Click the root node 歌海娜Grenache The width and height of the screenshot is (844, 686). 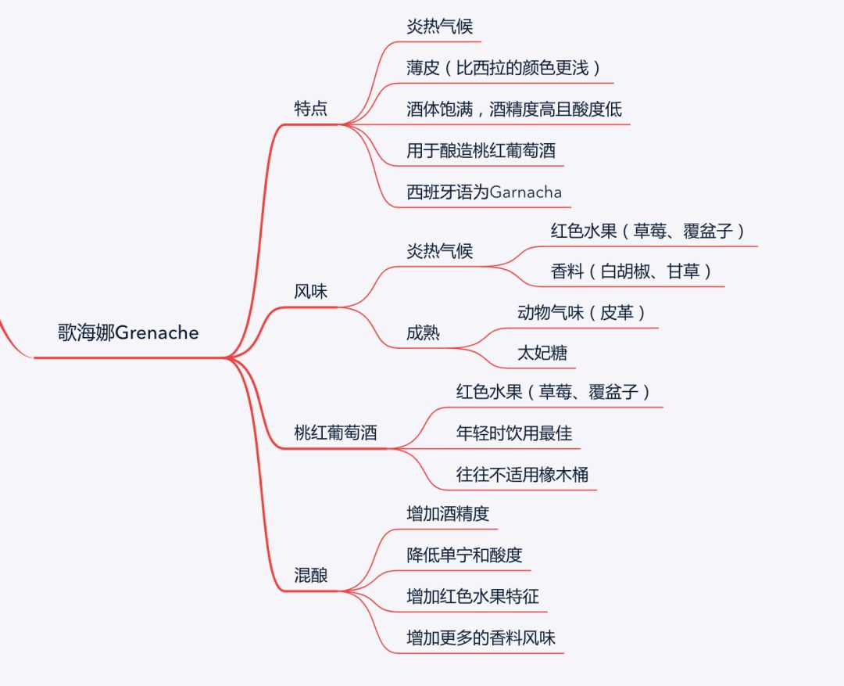128,332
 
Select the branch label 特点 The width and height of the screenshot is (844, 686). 310,109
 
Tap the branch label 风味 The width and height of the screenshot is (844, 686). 310,292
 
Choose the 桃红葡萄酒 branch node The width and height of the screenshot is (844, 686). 335,432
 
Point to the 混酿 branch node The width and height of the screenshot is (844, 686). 310,576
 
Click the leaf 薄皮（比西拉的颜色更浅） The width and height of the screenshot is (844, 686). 504,67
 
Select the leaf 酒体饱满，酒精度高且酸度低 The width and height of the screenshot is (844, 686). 514,109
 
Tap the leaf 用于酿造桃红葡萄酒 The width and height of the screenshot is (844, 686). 481,150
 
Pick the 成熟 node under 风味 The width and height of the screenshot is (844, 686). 423,332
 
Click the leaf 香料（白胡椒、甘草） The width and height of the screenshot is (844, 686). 631,271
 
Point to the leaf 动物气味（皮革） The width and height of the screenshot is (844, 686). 582,312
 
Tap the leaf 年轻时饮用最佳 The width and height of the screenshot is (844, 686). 514,433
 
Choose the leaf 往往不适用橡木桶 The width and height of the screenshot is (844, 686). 522,474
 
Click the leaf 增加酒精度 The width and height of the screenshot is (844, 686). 448,514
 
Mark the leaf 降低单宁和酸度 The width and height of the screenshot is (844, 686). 464,555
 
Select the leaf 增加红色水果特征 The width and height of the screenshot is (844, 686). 473,597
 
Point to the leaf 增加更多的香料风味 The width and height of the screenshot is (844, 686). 481,638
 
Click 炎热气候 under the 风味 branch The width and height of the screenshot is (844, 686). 439,251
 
